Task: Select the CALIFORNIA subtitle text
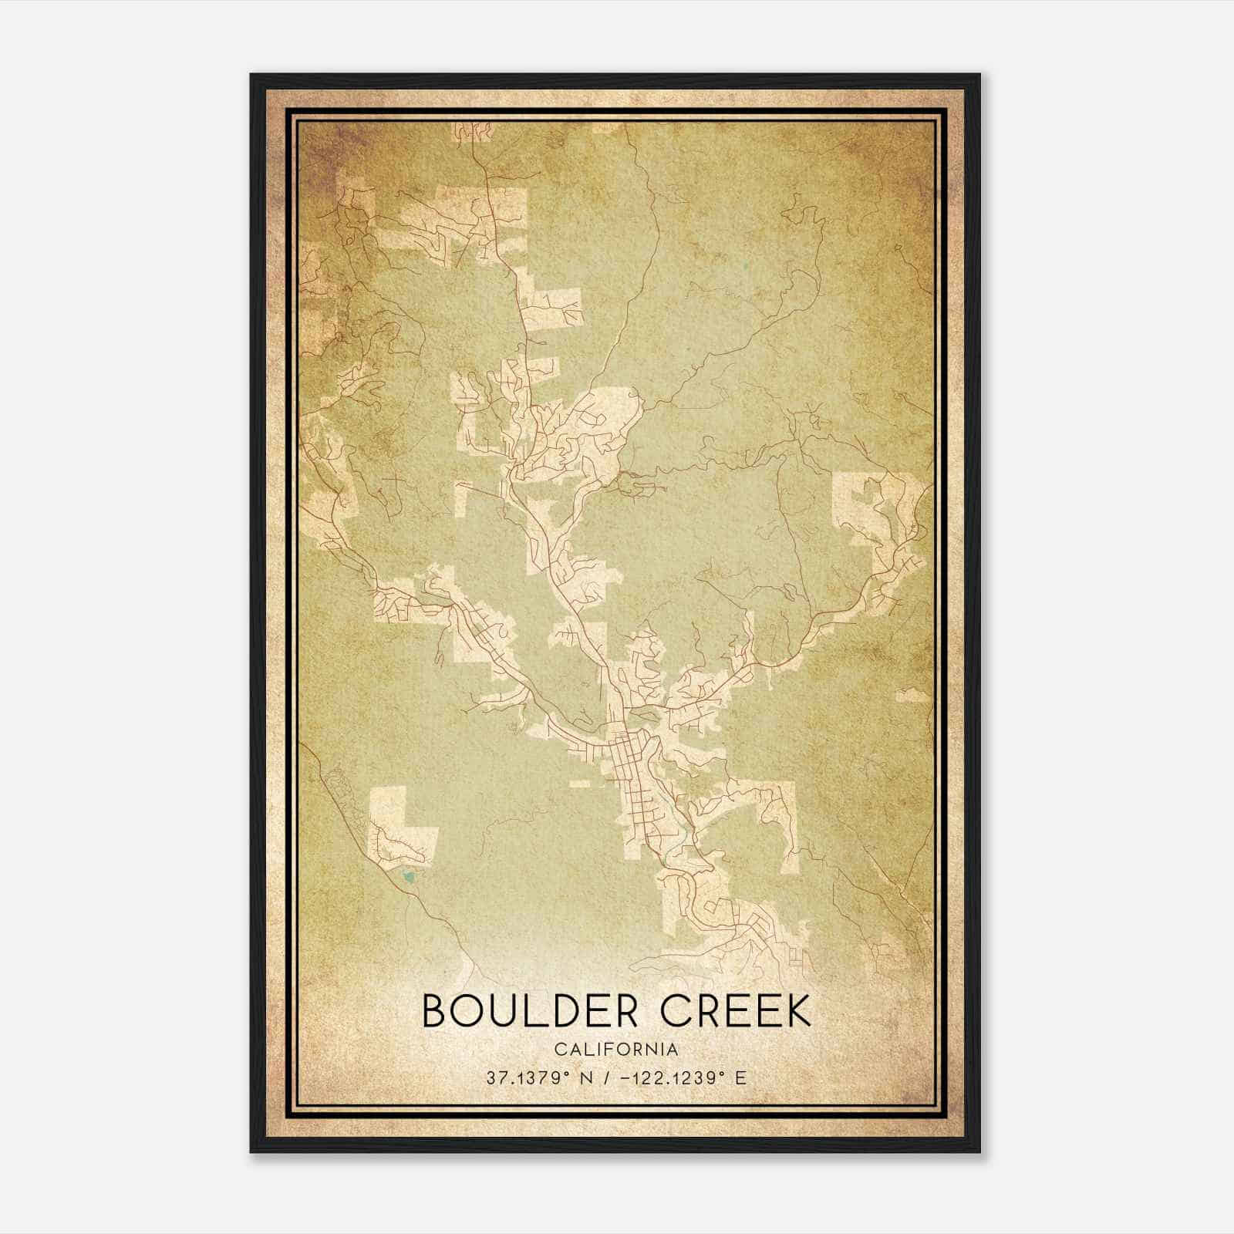coord(616,1050)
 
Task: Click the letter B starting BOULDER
coord(434,1010)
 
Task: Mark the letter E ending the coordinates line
coord(740,1078)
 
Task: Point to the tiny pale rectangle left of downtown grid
coord(580,784)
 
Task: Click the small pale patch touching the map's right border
coord(914,696)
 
